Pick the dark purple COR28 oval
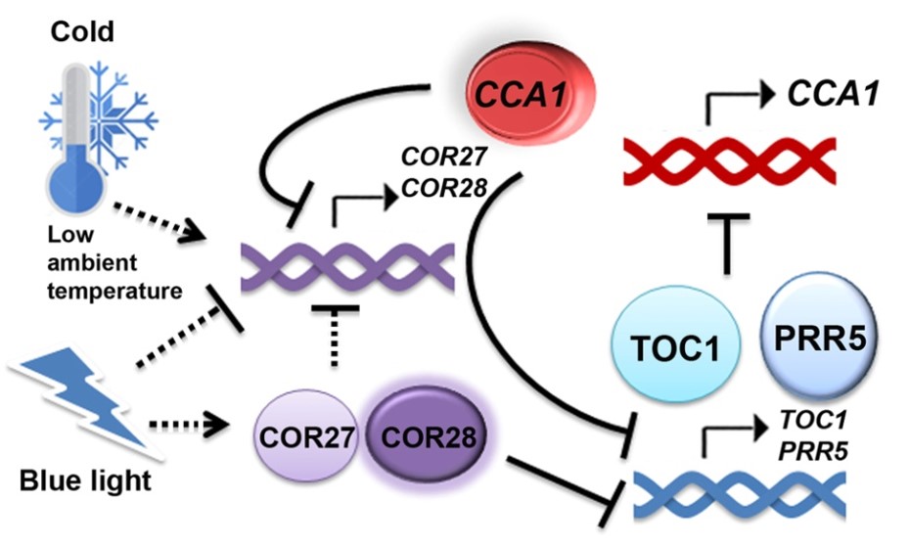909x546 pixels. (x=424, y=435)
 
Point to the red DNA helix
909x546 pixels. (x=728, y=160)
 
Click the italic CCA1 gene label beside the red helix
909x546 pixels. (x=833, y=95)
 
